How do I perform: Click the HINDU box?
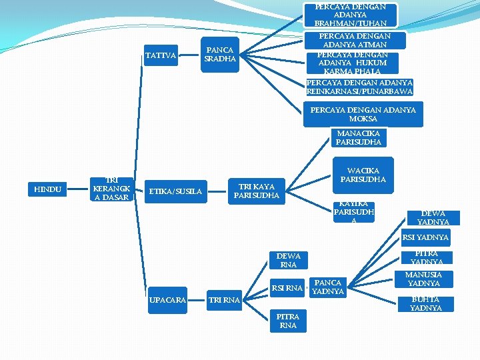coord(48,190)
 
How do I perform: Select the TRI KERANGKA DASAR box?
coord(112,189)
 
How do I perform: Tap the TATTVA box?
coord(161,56)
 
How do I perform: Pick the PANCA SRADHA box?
coord(219,54)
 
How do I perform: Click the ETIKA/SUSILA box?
coord(175,192)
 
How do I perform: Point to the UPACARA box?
coord(167,299)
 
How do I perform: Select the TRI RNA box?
coord(224,300)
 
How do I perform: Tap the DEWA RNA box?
coord(288,260)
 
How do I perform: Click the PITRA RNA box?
coord(288,321)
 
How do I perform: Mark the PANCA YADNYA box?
coord(328,287)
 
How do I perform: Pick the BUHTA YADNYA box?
coord(425,304)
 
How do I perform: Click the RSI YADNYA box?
coord(425,237)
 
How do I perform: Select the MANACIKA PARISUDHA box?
coord(359,137)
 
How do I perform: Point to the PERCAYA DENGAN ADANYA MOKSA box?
coord(363,114)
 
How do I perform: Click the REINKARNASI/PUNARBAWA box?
coord(359,87)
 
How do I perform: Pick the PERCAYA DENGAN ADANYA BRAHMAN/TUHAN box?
coord(351,15)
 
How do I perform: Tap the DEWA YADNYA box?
coord(433,217)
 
